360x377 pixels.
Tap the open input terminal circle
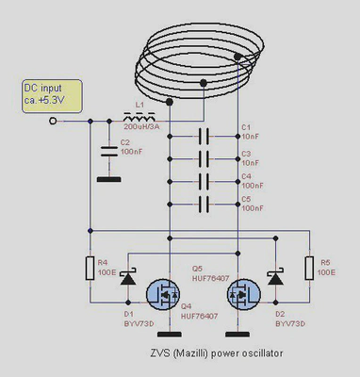point(53,121)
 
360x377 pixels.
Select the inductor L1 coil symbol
point(138,121)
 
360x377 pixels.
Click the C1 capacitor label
point(247,126)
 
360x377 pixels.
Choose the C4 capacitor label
point(247,175)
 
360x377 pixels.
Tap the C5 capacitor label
point(247,198)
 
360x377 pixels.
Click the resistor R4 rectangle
point(90,269)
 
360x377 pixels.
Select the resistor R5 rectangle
point(310,268)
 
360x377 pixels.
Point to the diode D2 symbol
point(275,280)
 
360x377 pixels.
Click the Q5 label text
point(198,268)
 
